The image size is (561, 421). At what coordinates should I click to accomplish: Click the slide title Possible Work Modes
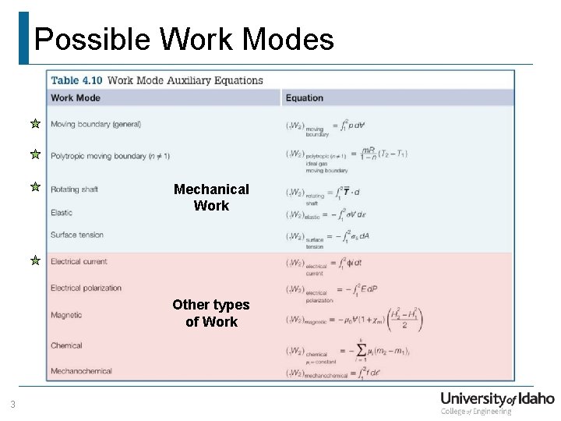pyautogui.click(x=184, y=39)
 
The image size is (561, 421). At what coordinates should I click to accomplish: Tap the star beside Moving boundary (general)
pyautogui.click(x=35, y=123)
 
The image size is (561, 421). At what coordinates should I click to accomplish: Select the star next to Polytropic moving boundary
pyautogui.click(x=35, y=154)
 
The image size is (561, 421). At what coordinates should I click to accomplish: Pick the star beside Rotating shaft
pyautogui.click(x=35, y=187)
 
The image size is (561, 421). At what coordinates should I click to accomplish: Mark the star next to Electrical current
pyautogui.click(x=35, y=260)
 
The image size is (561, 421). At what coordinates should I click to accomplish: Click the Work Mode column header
pyautogui.click(x=76, y=98)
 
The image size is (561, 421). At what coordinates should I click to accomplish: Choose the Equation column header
pyautogui.click(x=304, y=98)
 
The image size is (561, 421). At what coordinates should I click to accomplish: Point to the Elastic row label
pyautogui.click(x=62, y=212)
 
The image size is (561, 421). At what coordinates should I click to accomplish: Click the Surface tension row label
pyautogui.click(x=77, y=235)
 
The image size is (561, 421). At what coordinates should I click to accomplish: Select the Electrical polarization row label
pyautogui.click(x=86, y=288)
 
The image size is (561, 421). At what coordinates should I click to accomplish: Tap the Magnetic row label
pyautogui.click(x=66, y=315)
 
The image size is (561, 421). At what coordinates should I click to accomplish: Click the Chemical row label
pyautogui.click(x=66, y=345)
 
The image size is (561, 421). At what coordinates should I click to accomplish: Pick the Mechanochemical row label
pyautogui.click(x=81, y=371)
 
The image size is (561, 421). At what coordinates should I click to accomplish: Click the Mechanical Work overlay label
pyautogui.click(x=211, y=197)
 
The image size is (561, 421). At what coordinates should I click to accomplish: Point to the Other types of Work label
pyautogui.click(x=211, y=313)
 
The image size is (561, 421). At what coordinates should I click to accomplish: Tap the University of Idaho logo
pyautogui.click(x=497, y=402)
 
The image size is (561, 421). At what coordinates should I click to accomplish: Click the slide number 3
pyautogui.click(x=12, y=404)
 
